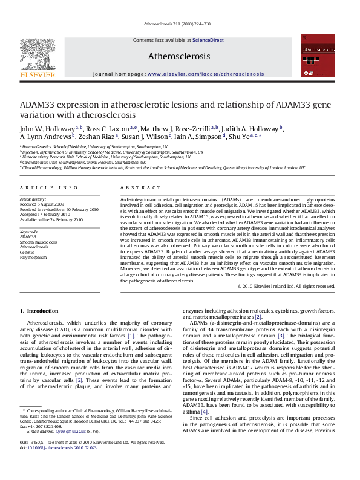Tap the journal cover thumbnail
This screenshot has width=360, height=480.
(x=318, y=57)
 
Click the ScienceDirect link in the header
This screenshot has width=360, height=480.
(x=208, y=40)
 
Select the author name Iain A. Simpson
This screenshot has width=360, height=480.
(x=199, y=137)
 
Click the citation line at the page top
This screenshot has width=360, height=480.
(x=180, y=24)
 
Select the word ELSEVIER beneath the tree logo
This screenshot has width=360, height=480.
(x=38, y=74)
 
